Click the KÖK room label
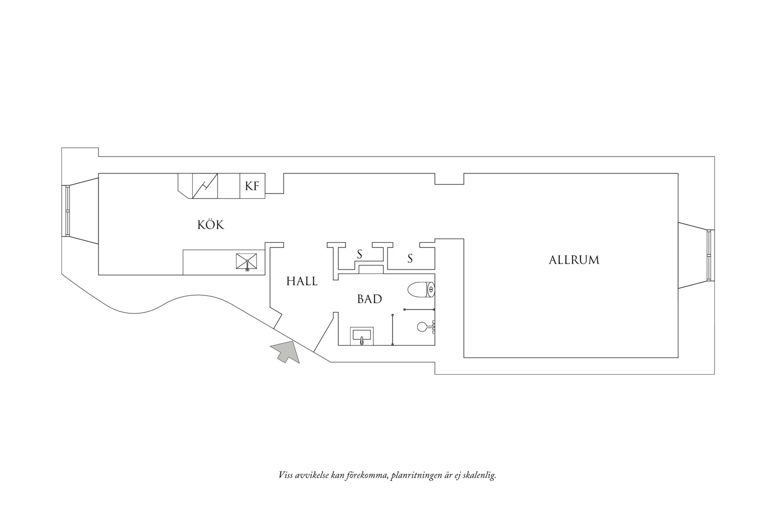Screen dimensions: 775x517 211,225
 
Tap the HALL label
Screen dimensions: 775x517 302,281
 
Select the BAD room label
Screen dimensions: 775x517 370,299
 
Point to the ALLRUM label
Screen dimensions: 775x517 574,260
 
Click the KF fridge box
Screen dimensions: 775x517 253,186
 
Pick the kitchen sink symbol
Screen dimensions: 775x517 246,262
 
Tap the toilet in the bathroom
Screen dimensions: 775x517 421,290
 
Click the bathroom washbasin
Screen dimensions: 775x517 361,336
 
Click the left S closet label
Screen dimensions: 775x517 360,254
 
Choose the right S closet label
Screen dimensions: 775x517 410,259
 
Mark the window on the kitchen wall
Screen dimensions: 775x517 67,211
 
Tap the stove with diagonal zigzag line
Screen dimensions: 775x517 205,186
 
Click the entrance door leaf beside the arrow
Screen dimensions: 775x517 323,335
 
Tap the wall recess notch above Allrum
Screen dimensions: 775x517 449,179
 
